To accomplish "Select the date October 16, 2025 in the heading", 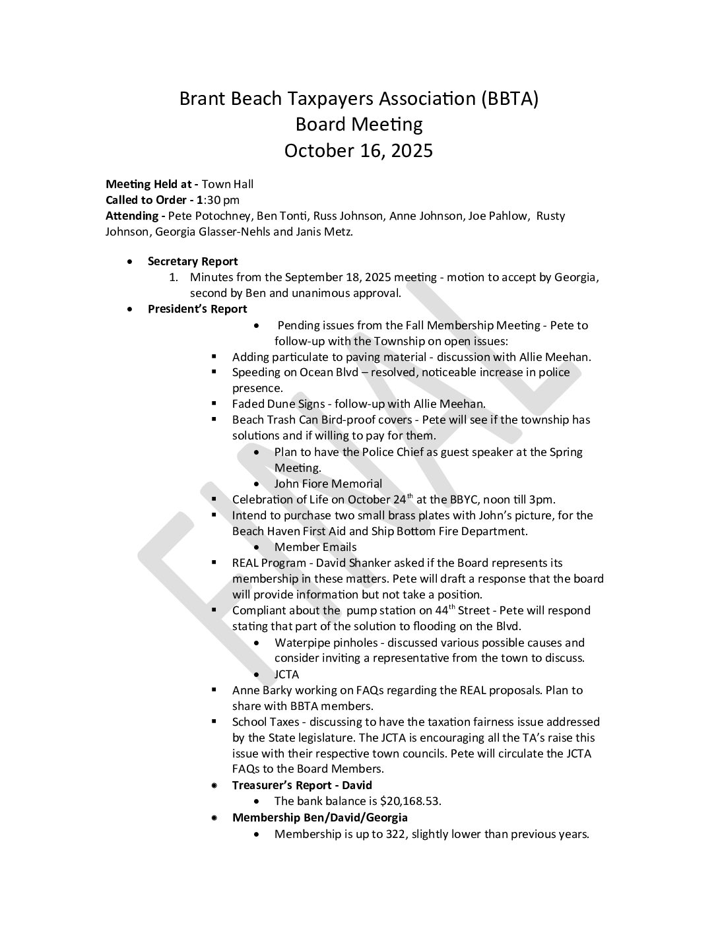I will [x=358, y=151].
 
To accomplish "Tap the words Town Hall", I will [x=228, y=184].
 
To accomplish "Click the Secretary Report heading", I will [x=193, y=261].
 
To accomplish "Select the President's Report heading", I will [x=197, y=309].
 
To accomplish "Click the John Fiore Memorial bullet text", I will [x=328, y=484].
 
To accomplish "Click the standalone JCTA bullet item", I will [x=286, y=674].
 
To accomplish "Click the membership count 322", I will [x=393, y=834].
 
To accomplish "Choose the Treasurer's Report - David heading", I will [x=302, y=785].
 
